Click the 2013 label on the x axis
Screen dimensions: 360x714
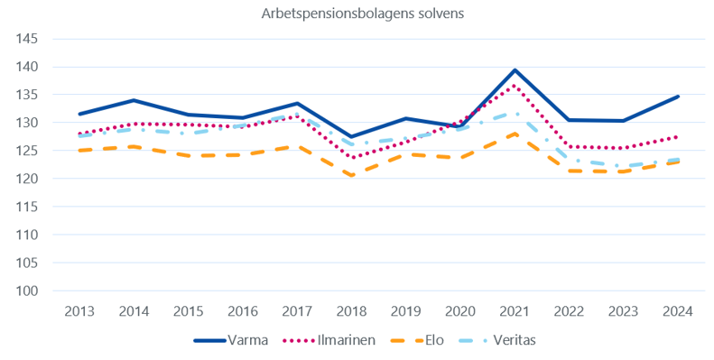point(79,311)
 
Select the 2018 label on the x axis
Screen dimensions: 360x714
point(352,311)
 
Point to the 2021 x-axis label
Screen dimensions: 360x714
point(515,311)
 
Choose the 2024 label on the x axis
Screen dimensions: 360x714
point(679,311)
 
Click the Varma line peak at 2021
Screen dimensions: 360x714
point(515,70)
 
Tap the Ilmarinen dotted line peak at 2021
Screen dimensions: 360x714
point(515,86)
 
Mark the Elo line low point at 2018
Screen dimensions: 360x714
point(352,175)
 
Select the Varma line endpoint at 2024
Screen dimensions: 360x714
point(679,97)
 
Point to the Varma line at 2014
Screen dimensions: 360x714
point(134,100)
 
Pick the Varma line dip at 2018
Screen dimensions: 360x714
point(352,136)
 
